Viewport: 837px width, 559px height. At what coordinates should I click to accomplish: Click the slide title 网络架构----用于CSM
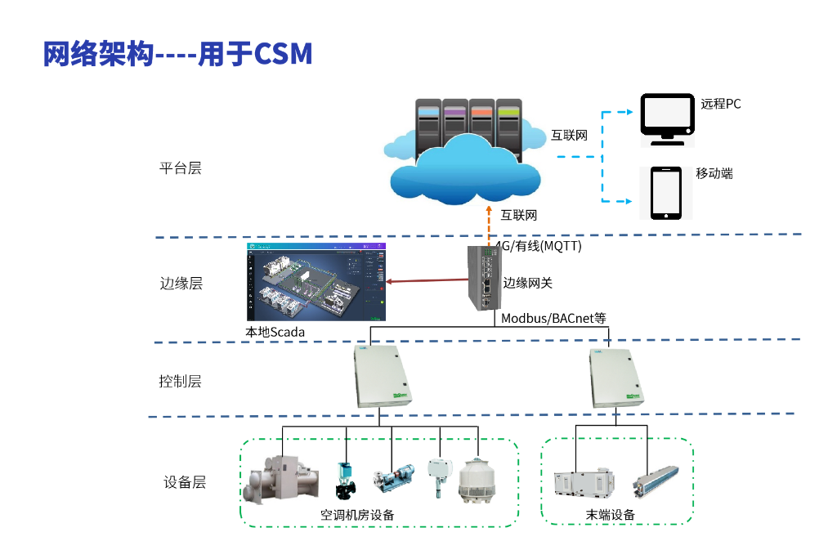177,54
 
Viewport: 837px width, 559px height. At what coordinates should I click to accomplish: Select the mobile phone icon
666,193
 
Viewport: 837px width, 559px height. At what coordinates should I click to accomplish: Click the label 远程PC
721,104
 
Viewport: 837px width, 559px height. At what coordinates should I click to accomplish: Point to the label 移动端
714,173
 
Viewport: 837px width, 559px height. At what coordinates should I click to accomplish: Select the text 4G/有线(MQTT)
538,245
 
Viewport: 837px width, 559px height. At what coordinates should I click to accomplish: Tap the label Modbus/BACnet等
553,318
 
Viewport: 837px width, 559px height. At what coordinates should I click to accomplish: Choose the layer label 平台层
180,168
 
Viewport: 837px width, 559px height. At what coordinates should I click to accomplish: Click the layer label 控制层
180,381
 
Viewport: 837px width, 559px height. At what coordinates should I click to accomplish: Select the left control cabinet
381,376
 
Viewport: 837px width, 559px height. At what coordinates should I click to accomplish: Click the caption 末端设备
610,515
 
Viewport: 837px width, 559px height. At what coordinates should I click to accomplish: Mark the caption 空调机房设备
357,515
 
